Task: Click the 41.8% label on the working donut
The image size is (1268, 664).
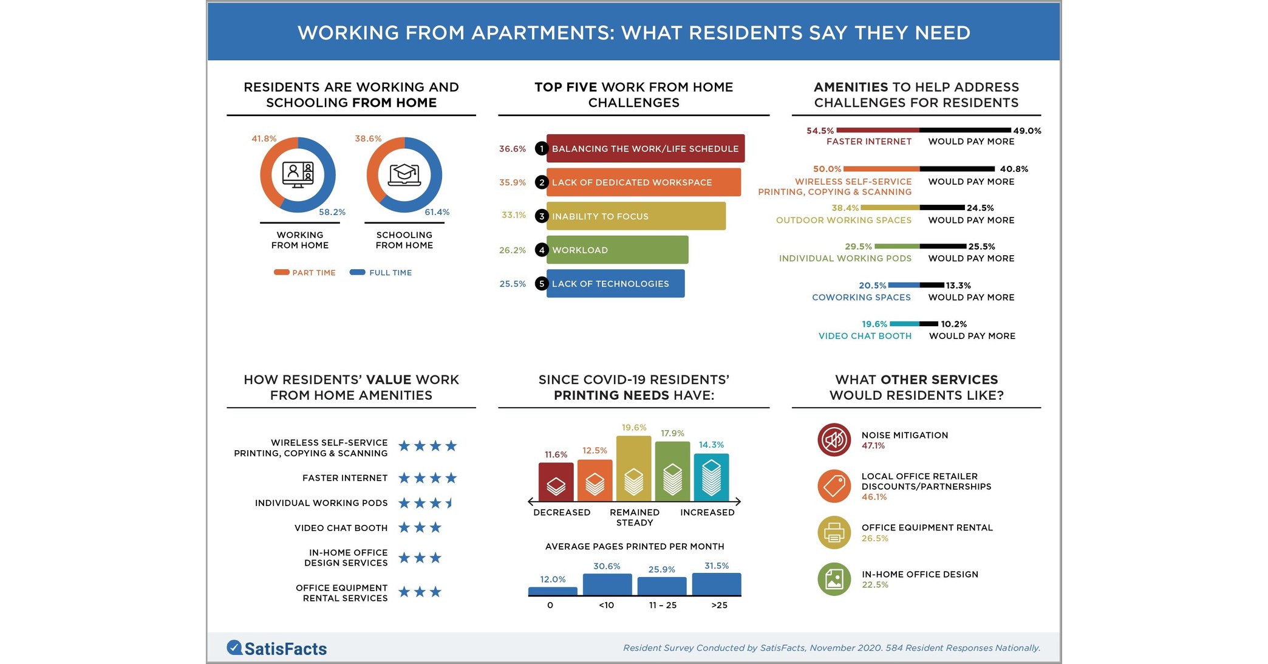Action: (x=264, y=139)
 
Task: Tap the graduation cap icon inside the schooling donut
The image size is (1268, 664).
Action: (x=404, y=174)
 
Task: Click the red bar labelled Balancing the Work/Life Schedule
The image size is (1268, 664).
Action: (x=646, y=148)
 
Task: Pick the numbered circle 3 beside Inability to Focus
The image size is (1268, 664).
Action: (x=542, y=216)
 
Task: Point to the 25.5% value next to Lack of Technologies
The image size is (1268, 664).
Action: (x=513, y=284)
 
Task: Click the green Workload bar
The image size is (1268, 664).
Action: (x=617, y=250)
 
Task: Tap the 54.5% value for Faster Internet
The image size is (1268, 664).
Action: (x=820, y=131)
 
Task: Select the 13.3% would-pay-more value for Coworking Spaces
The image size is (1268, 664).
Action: (x=958, y=285)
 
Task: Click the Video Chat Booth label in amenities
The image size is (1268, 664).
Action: (x=865, y=336)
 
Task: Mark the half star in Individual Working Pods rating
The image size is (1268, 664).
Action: (x=450, y=502)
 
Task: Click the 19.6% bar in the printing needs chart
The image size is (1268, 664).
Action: (x=633, y=468)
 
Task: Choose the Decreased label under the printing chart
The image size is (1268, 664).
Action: (x=562, y=512)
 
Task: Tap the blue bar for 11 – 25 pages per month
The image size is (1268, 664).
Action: (x=661, y=586)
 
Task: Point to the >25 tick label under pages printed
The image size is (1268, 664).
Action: (x=719, y=605)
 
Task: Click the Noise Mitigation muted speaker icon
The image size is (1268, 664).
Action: (x=834, y=439)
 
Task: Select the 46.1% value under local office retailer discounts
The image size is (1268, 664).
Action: (x=874, y=497)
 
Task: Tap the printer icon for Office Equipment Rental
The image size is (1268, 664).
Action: (x=834, y=533)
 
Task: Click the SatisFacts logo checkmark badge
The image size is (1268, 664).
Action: (x=234, y=648)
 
